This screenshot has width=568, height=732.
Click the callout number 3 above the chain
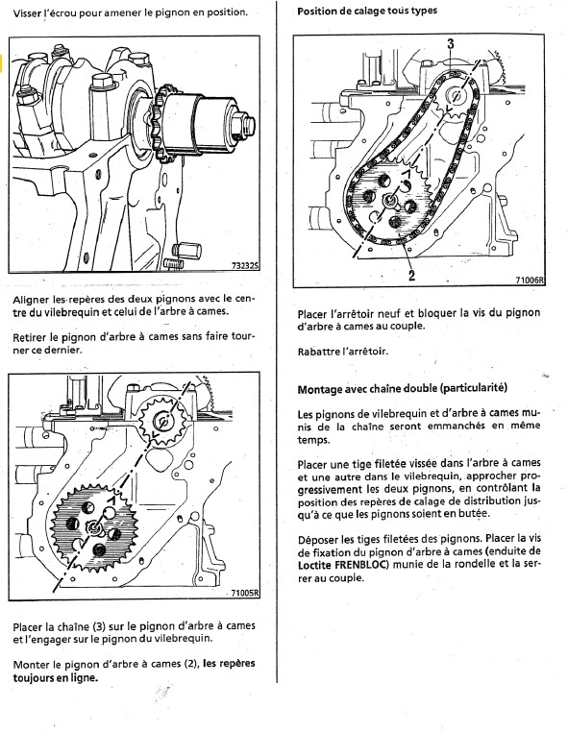click(450, 44)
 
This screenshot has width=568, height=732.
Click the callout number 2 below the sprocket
click(411, 276)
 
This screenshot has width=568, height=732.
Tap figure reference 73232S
click(245, 266)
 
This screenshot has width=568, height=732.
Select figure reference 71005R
click(245, 593)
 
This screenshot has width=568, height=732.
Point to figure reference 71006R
click(531, 281)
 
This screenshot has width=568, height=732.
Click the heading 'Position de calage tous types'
click(367, 11)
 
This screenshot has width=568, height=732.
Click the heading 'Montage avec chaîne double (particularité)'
click(402, 388)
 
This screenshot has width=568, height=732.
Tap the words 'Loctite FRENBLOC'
click(343, 565)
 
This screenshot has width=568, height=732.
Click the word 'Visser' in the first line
click(28, 12)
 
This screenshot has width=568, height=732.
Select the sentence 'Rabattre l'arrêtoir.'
click(343, 351)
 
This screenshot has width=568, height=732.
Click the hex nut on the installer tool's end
click(247, 123)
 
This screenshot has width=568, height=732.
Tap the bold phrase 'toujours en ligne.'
click(56, 677)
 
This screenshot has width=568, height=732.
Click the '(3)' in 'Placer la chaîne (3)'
click(100, 626)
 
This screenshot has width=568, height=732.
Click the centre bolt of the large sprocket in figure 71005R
click(95, 527)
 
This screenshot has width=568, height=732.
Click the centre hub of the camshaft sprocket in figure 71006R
click(388, 201)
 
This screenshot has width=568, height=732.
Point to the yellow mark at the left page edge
click(1, 64)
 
